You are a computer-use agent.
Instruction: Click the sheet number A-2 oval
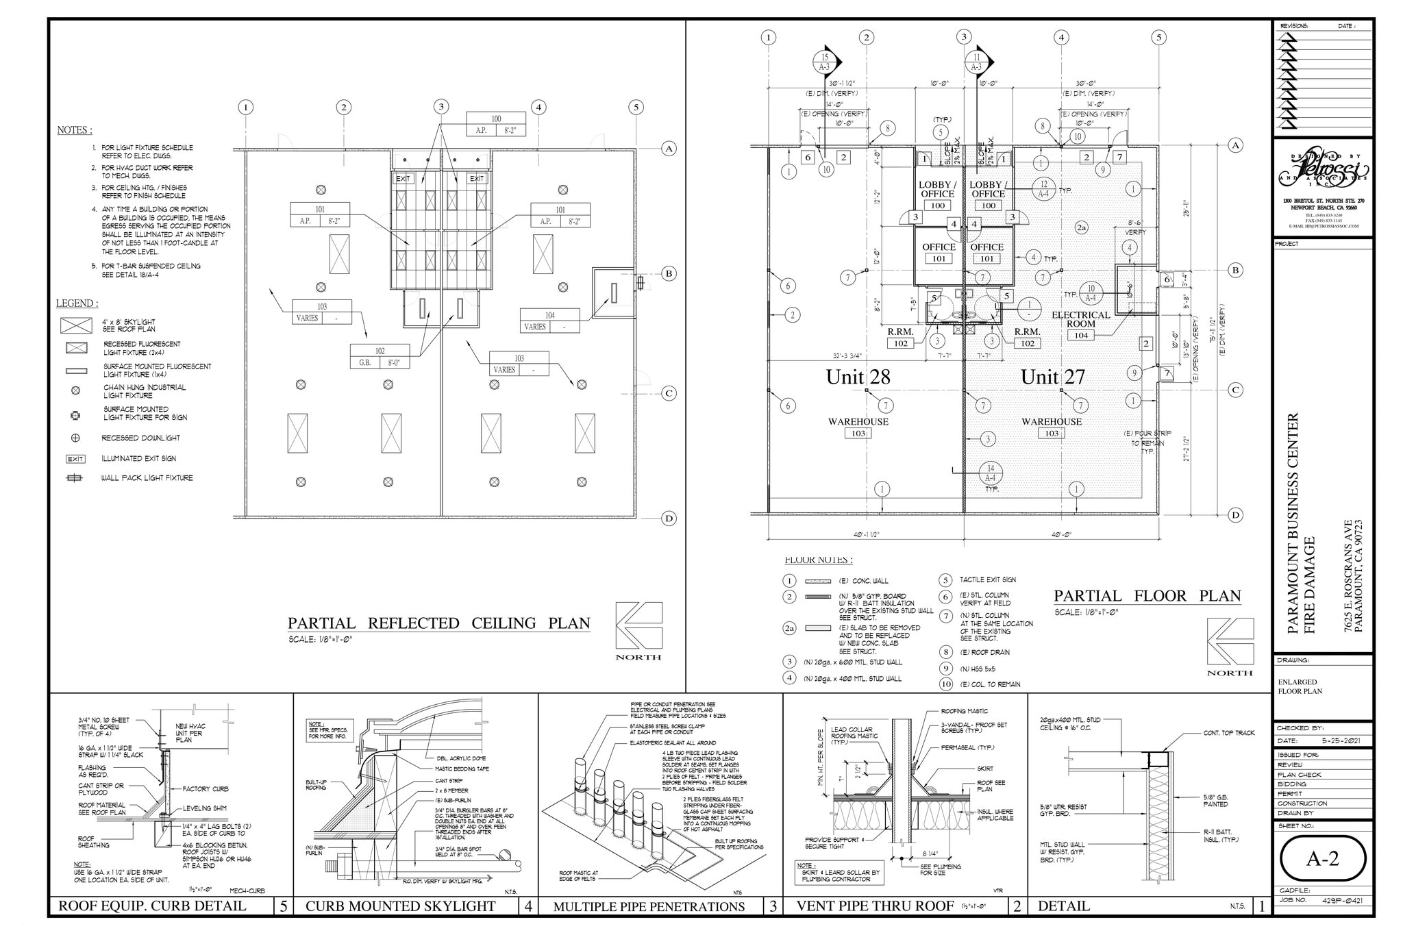pos(1322,859)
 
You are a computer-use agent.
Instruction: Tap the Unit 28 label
pos(858,377)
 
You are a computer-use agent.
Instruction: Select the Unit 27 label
pos(1053,377)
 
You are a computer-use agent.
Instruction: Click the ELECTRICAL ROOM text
pos(1081,319)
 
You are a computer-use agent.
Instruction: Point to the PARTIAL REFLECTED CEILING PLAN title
pos(438,623)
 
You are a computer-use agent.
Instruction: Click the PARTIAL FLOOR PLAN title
pos(1147,596)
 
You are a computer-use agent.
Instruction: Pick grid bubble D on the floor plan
pos(1236,515)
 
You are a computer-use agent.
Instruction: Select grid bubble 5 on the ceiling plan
pos(636,107)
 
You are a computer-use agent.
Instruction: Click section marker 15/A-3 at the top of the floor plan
pos(825,62)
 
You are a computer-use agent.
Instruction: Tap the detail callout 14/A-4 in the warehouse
pos(991,473)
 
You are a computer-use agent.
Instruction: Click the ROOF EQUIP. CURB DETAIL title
pos(152,906)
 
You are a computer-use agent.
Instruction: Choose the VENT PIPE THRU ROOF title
pos(874,906)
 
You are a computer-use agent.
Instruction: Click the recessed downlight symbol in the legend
pos(75,438)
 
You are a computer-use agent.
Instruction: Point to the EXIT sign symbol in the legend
pos(75,459)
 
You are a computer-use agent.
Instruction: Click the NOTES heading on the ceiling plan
pos(74,130)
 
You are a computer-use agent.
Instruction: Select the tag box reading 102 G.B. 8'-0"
pos(380,357)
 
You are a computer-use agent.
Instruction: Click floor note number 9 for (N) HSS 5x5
pos(946,669)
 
